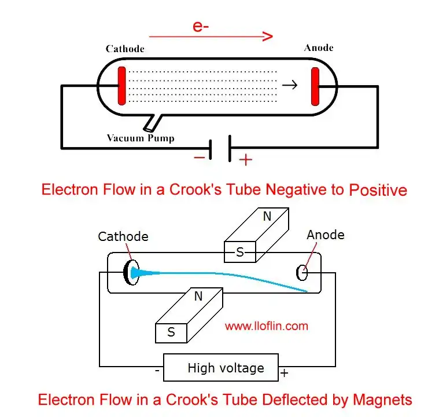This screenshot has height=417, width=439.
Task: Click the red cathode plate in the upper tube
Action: click(x=122, y=86)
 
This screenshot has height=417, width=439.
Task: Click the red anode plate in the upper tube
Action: click(x=315, y=86)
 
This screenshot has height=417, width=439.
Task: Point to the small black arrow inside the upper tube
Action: click(x=290, y=85)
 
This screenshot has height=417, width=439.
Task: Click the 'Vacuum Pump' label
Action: click(x=141, y=138)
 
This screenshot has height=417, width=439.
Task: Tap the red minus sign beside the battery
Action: click(x=199, y=156)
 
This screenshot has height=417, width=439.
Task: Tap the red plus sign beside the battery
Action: click(x=246, y=160)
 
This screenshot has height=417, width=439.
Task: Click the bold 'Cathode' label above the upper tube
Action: click(x=125, y=49)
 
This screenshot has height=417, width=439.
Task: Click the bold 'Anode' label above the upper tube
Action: click(x=319, y=47)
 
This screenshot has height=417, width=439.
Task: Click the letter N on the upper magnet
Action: click(x=267, y=217)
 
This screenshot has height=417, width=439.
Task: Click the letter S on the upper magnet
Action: click(x=239, y=253)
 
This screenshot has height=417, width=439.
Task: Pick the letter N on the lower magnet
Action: click(x=198, y=297)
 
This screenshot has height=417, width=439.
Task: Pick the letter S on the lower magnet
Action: click(x=171, y=332)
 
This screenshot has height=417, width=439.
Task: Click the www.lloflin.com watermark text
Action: click(x=267, y=326)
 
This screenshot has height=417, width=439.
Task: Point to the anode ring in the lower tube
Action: click(x=301, y=272)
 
